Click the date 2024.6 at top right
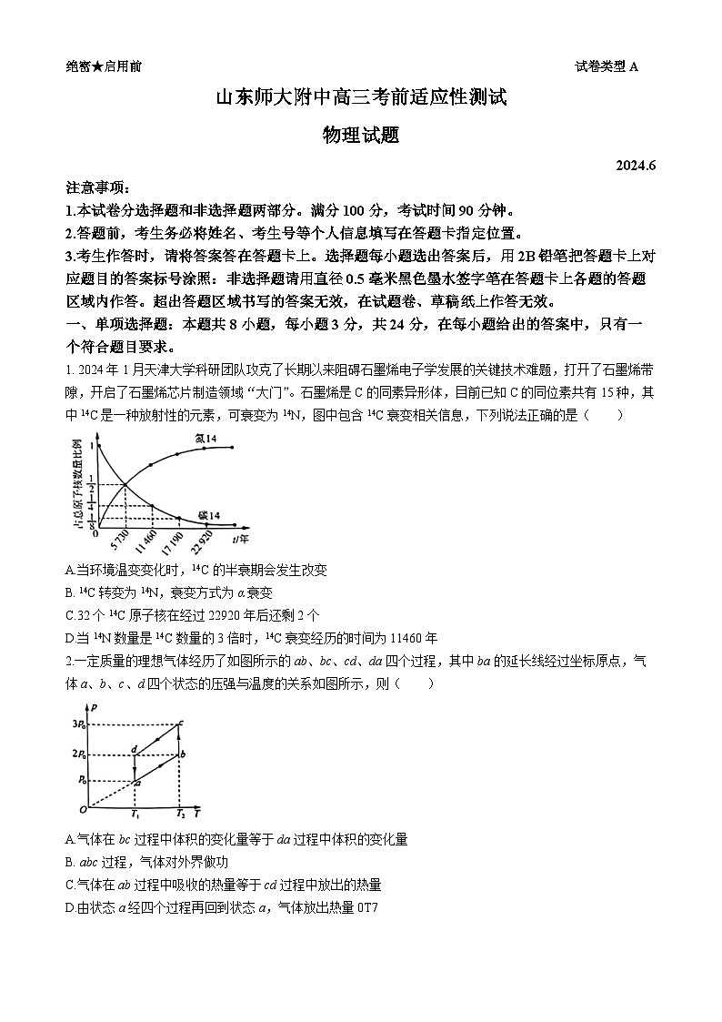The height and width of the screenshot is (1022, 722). [x=635, y=165]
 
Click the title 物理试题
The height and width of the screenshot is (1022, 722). [x=361, y=135]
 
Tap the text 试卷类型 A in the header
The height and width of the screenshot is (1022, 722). [x=607, y=66]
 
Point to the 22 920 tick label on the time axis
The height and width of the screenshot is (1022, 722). [x=203, y=542]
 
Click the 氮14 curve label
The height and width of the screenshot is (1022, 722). [x=206, y=439]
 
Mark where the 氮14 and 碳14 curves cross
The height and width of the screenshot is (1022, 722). [x=124, y=483]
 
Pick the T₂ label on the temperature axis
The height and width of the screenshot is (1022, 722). [x=181, y=813]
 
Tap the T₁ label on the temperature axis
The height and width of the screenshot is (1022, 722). [x=135, y=813]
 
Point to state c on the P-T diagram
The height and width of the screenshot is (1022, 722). [x=182, y=723]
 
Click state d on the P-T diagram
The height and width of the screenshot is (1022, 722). [x=134, y=750]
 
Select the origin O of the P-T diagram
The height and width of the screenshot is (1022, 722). [x=82, y=809]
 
